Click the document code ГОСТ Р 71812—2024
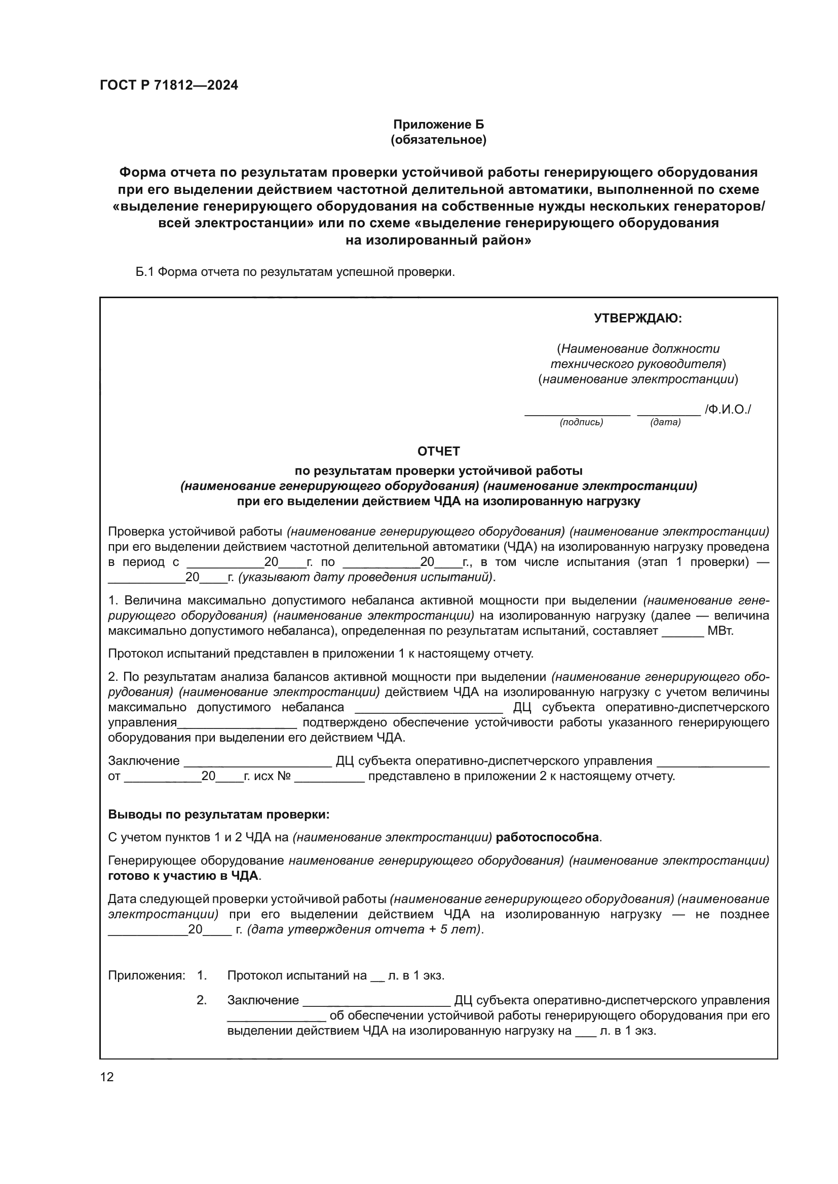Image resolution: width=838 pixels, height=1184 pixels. [169, 85]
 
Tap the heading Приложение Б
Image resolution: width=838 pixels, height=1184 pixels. [438, 125]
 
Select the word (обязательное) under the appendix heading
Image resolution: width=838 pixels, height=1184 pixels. [438, 140]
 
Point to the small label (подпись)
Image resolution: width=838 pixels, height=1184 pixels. [581, 422]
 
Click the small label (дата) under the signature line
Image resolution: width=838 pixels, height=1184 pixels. [665, 422]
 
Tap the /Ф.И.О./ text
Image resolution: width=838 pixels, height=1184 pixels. [728, 410]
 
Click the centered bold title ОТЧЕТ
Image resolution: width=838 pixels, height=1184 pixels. [438, 451]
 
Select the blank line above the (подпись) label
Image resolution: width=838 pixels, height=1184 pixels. [577, 413]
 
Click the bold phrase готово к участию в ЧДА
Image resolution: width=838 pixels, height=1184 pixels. [184, 876]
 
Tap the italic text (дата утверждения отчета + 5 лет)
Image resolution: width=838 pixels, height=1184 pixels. [365, 929]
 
